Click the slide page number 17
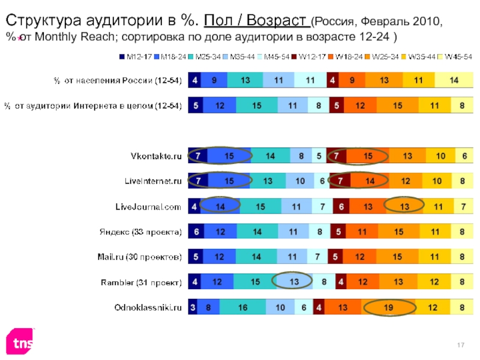tap(461, 343)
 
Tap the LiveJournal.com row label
tap(148, 206)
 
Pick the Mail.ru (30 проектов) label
tap(140, 257)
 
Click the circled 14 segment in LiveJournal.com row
tap(220, 206)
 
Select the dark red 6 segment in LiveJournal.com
tap(341, 206)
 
